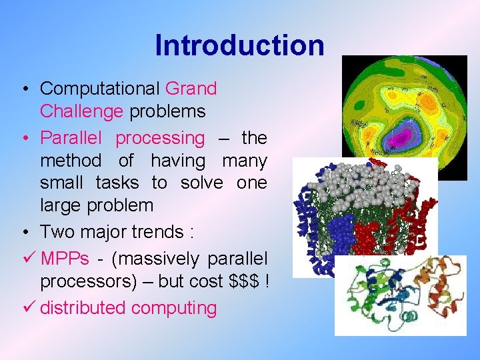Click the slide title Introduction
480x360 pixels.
point(239,46)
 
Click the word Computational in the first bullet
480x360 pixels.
point(100,89)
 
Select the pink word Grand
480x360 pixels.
point(191,89)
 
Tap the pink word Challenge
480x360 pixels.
point(81,111)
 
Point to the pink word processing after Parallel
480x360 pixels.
point(160,139)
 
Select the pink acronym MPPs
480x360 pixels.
point(65,258)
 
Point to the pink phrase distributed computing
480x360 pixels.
point(129,308)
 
